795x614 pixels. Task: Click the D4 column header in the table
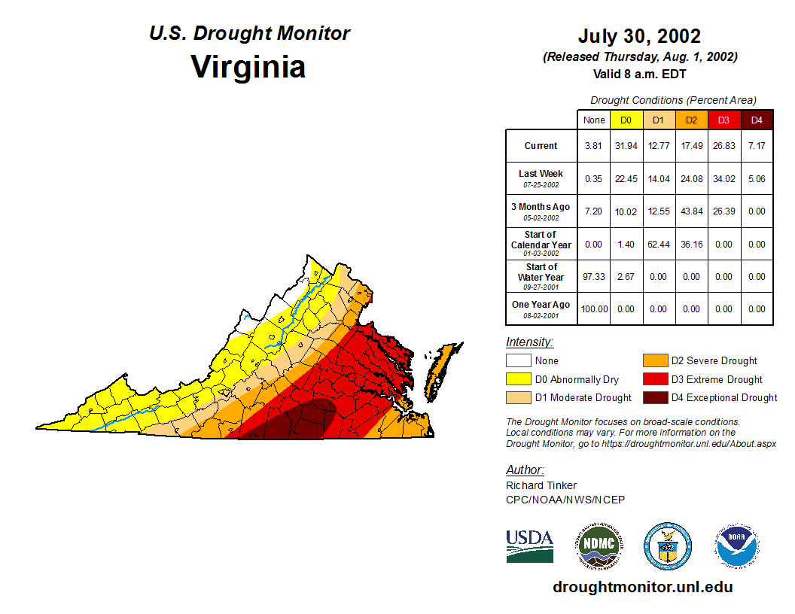(x=757, y=120)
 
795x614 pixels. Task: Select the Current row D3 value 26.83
(x=723, y=146)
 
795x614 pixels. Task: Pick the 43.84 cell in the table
(x=691, y=211)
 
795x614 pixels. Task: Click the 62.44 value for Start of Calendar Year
(x=658, y=245)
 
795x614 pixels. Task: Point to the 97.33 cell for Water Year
(x=594, y=277)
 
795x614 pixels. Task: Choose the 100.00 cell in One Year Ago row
(x=594, y=309)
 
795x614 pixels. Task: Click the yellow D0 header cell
(x=626, y=120)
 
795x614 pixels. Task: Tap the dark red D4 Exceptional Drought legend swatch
(x=655, y=397)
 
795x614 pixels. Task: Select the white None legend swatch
(x=518, y=361)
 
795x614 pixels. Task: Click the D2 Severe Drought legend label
(x=714, y=361)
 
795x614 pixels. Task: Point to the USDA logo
(x=529, y=546)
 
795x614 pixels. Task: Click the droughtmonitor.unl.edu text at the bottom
(x=642, y=587)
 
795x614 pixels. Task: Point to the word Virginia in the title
(x=248, y=66)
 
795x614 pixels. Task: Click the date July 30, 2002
(x=639, y=36)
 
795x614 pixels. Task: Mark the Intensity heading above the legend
(x=529, y=342)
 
